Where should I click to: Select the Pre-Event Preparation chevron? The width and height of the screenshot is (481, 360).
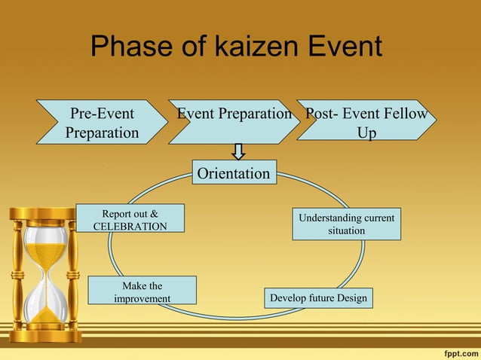pyautogui.click(x=102, y=122)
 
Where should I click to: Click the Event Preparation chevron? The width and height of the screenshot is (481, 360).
pyautogui.click(x=234, y=121)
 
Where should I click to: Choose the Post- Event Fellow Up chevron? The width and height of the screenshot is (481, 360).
pyautogui.click(x=366, y=122)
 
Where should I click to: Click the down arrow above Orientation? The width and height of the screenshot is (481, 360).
pyautogui.click(x=238, y=151)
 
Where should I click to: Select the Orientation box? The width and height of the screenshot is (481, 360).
pyautogui.click(x=234, y=173)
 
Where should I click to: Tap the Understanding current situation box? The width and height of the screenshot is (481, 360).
pyautogui.click(x=346, y=224)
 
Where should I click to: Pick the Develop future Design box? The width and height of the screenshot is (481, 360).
pyautogui.click(x=318, y=298)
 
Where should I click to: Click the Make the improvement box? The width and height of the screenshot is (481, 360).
pyautogui.click(x=142, y=291)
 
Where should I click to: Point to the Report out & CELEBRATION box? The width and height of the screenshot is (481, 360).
pyautogui.click(x=130, y=219)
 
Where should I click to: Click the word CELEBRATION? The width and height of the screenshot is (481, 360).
pyautogui.click(x=130, y=226)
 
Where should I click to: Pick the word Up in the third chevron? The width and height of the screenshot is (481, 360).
pyautogui.click(x=367, y=133)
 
